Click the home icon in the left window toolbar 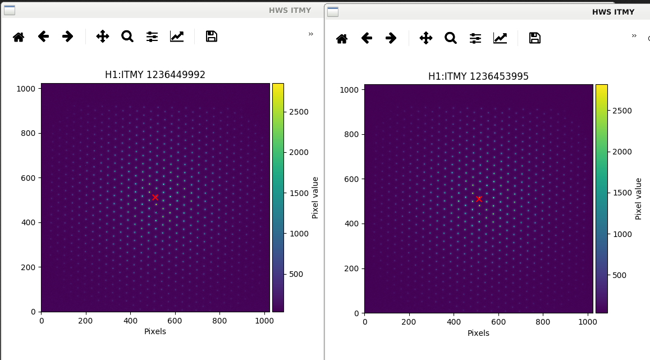click(x=19, y=37)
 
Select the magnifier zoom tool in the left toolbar click(x=127, y=37)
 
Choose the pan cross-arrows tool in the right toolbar click(x=425, y=38)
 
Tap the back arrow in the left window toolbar click(x=43, y=37)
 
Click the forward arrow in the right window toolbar click(x=391, y=38)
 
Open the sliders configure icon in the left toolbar click(x=152, y=37)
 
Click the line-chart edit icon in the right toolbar click(x=500, y=38)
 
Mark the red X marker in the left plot click(x=155, y=198)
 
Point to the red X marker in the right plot click(x=479, y=199)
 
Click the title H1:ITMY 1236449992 click(x=155, y=75)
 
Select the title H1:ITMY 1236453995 click(x=478, y=76)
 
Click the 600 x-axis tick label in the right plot click(x=498, y=322)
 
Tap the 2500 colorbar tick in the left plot click(x=299, y=112)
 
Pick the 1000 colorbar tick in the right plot click(x=622, y=234)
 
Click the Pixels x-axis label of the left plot click(x=155, y=331)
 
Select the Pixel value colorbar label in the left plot click(x=315, y=198)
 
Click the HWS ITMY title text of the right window click(x=613, y=12)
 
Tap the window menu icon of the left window click(x=9, y=10)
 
